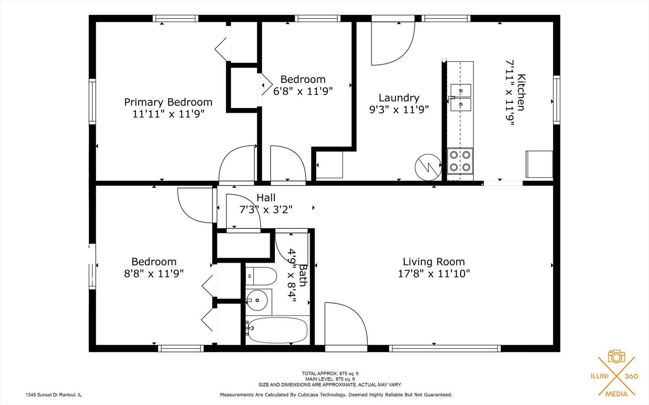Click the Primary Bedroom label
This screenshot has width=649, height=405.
(168, 102)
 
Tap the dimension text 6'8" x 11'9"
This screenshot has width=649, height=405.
(303, 91)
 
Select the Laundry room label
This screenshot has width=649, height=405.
(399, 98)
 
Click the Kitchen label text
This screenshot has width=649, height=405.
(521, 92)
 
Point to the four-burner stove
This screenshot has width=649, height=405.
(460, 161)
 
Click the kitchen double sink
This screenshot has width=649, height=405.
(461, 97)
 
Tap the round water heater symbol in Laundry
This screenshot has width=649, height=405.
(428, 167)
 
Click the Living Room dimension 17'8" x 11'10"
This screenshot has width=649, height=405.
(434, 274)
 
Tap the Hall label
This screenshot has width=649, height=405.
(266, 198)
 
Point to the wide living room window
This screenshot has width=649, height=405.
(445, 348)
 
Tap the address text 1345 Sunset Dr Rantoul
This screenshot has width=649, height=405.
(53, 395)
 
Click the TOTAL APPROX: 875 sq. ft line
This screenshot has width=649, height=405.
(330, 373)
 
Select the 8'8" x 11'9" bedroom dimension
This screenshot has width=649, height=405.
(154, 274)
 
